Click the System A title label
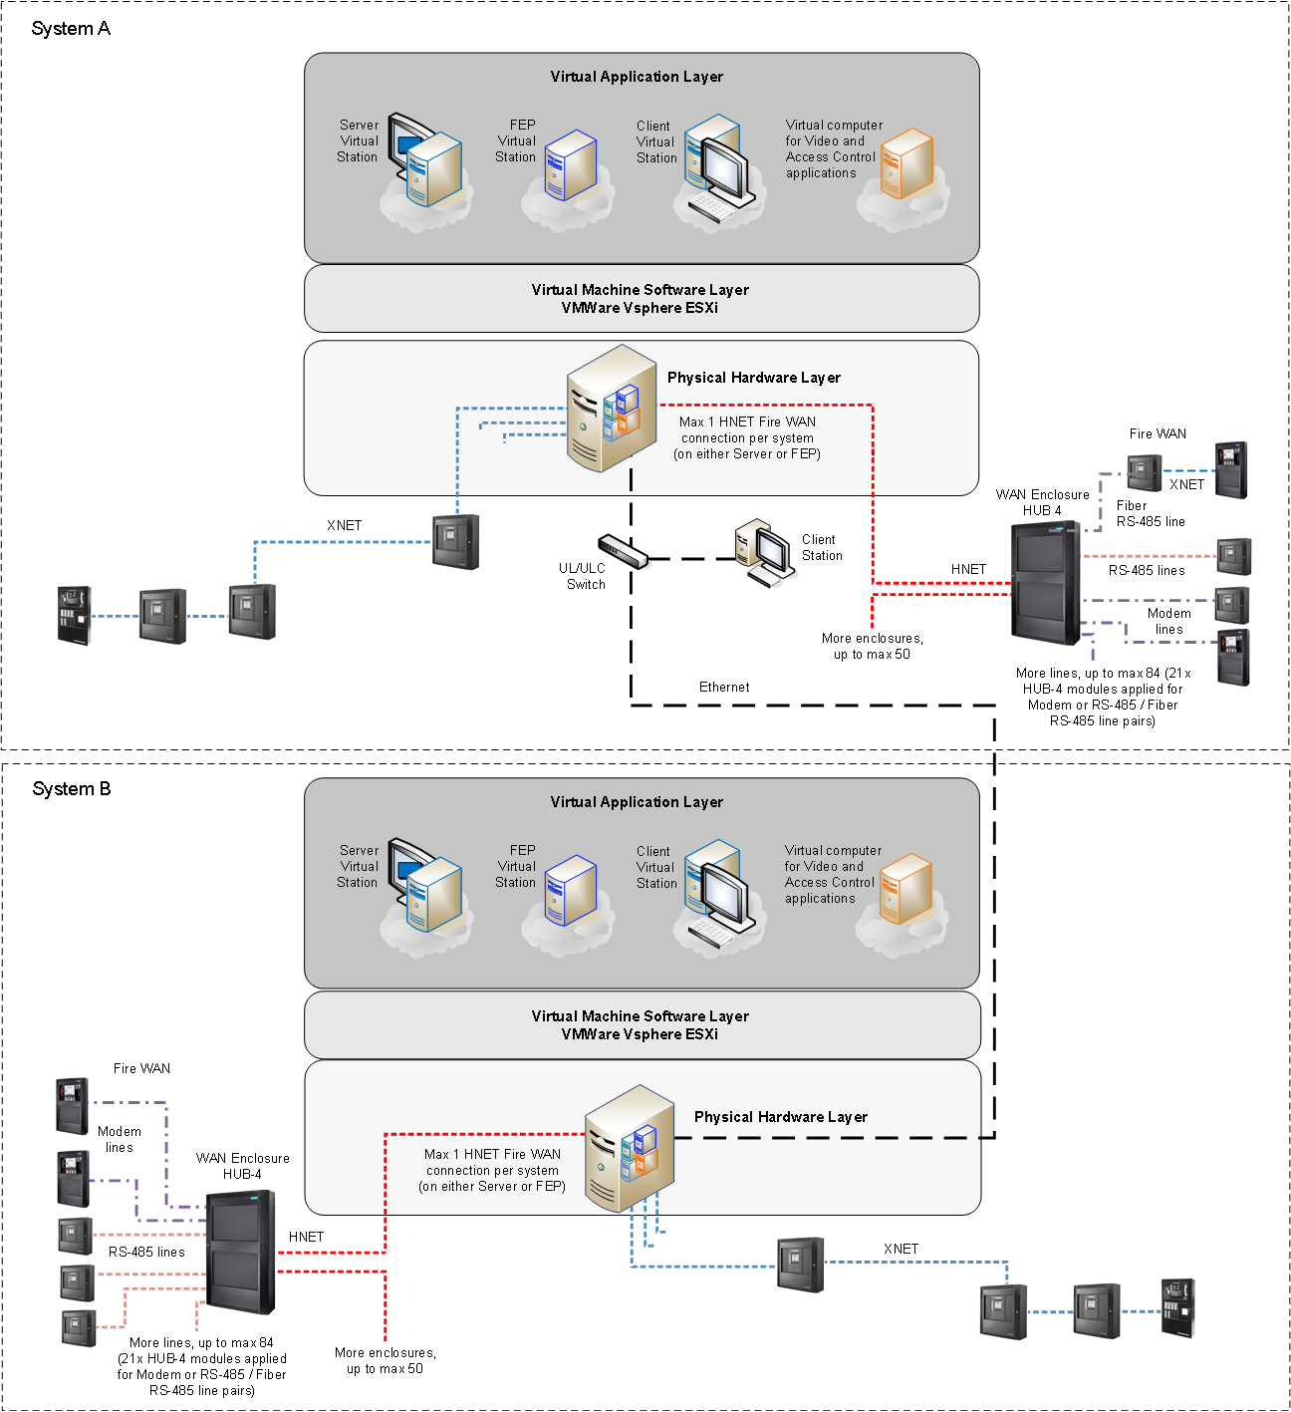[71, 29]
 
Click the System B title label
[72, 789]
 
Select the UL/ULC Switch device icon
[623, 550]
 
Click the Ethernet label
[724, 688]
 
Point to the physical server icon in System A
[610, 409]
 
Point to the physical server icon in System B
[628, 1149]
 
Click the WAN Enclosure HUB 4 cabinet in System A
[1045, 583]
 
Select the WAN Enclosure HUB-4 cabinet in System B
[240, 1252]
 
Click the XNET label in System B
[901, 1249]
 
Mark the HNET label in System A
[968, 569]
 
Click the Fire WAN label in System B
[141, 1068]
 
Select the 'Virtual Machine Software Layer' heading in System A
[640, 290]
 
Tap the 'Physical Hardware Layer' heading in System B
[780, 1117]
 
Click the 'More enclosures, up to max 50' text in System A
[872, 647]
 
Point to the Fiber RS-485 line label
[1150, 514]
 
